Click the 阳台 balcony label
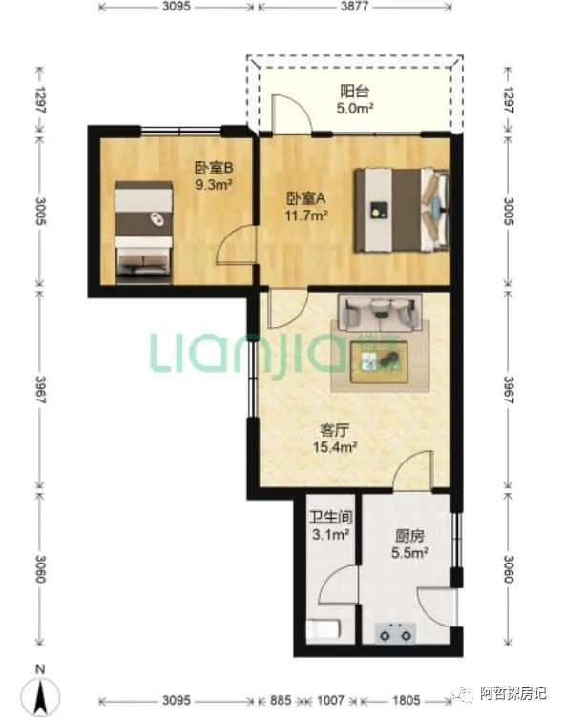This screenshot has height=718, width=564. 354,92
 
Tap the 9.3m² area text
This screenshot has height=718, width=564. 213,185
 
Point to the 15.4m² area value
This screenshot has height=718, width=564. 335,447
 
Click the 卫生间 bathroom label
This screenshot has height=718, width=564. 331,518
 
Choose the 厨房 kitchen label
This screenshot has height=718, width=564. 409,536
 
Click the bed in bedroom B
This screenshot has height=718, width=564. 144,228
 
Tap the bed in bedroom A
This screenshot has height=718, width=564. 402,210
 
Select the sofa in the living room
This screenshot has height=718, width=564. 380,313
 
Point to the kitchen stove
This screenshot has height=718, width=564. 395,633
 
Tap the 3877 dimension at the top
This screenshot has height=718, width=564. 354,7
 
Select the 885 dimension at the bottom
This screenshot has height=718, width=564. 281,700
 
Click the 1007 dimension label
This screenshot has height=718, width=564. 331,700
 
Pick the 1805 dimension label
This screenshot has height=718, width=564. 406,700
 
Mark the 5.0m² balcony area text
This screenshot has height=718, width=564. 354,109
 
